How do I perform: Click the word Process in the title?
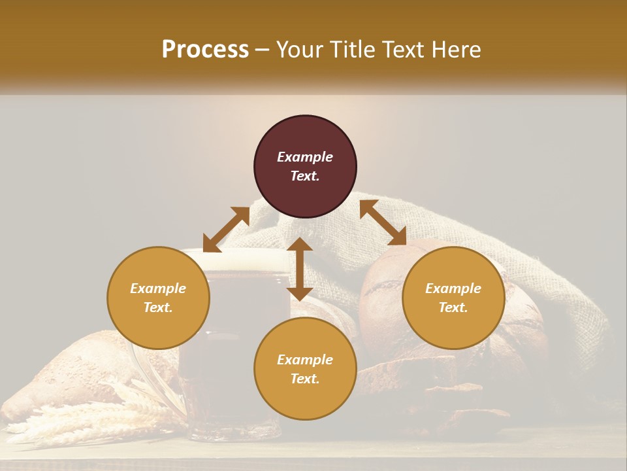(x=205, y=50)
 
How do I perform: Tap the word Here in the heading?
(x=455, y=50)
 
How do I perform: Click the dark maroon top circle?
(x=305, y=167)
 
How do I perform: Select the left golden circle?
(x=158, y=298)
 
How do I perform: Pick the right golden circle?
(x=453, y=298)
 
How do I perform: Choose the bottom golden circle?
(x=305, y=368)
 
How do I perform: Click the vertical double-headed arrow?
(x=300, y=269)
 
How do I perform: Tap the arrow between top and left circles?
(x=226, y=230)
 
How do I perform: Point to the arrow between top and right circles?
(x=383, y=222)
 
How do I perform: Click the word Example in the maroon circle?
(x=305, y=157)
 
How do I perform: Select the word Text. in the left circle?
(x=158, y=307)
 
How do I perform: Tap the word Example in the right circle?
(x=453, y=288)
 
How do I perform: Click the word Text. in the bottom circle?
(x=305, y=379)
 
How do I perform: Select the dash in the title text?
(x=262, y=50)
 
